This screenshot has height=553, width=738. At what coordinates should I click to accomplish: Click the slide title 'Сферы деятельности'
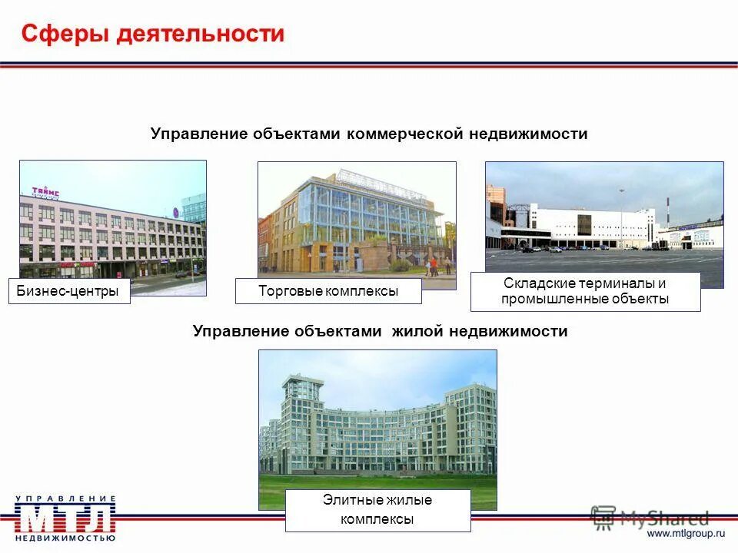152,34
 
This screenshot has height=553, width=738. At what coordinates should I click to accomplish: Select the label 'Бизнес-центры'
69,292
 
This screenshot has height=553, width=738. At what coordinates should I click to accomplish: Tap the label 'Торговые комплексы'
328,291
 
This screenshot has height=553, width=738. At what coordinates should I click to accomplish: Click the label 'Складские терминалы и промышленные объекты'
585,291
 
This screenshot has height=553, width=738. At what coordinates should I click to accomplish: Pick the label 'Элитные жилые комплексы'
377,510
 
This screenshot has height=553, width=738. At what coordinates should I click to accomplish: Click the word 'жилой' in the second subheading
414,331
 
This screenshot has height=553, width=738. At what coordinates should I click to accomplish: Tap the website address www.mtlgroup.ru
686,532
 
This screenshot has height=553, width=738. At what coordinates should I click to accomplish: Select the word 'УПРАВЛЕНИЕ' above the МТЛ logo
65,498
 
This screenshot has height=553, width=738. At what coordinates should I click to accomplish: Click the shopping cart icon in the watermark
604,517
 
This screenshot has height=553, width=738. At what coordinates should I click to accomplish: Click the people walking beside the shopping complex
432,266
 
